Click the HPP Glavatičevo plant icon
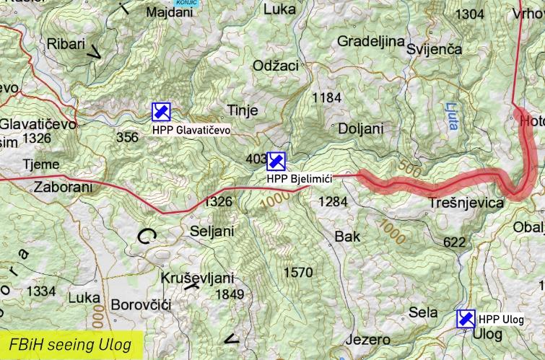point(161,112)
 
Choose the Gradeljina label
point(370,40)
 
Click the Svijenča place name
point(434,48)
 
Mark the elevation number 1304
point(470,14)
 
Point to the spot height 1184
point(326,97)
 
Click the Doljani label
point(360,128)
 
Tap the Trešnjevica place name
point(466,203)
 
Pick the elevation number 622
point(454,242)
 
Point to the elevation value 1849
point(230,294)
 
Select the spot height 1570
point(298,272)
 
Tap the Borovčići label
point(140,305)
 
